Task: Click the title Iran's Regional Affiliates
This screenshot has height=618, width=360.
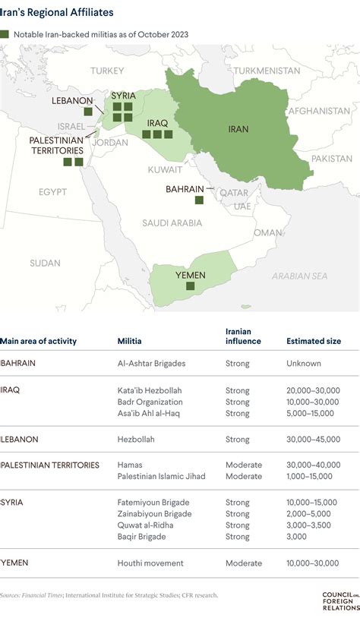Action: tap(57, 13)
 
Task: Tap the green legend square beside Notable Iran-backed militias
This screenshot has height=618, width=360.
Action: tap(5, 34)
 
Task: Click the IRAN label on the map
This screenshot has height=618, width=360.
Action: tap(238, 129)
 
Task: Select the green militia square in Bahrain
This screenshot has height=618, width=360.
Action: tap(199, 200)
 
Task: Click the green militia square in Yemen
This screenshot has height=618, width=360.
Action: tap(191, 285)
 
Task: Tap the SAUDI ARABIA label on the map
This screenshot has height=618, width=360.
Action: tap(172, 222)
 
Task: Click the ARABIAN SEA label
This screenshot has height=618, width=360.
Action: tap(299, 276)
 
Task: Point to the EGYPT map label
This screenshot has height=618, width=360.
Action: tap(53, 191)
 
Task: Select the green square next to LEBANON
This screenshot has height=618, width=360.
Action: tap(88, 111)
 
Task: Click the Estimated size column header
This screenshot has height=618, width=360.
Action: tap(313, 341)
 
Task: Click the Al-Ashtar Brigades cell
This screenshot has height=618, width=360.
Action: tap(152, 363)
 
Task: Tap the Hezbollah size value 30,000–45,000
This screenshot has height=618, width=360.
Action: tap(313, 439)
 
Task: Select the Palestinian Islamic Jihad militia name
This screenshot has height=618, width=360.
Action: tap(161, 476)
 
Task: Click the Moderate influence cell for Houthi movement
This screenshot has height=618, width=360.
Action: tap(243, 563)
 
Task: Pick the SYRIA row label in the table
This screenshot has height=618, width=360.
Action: tap(11, 502)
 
